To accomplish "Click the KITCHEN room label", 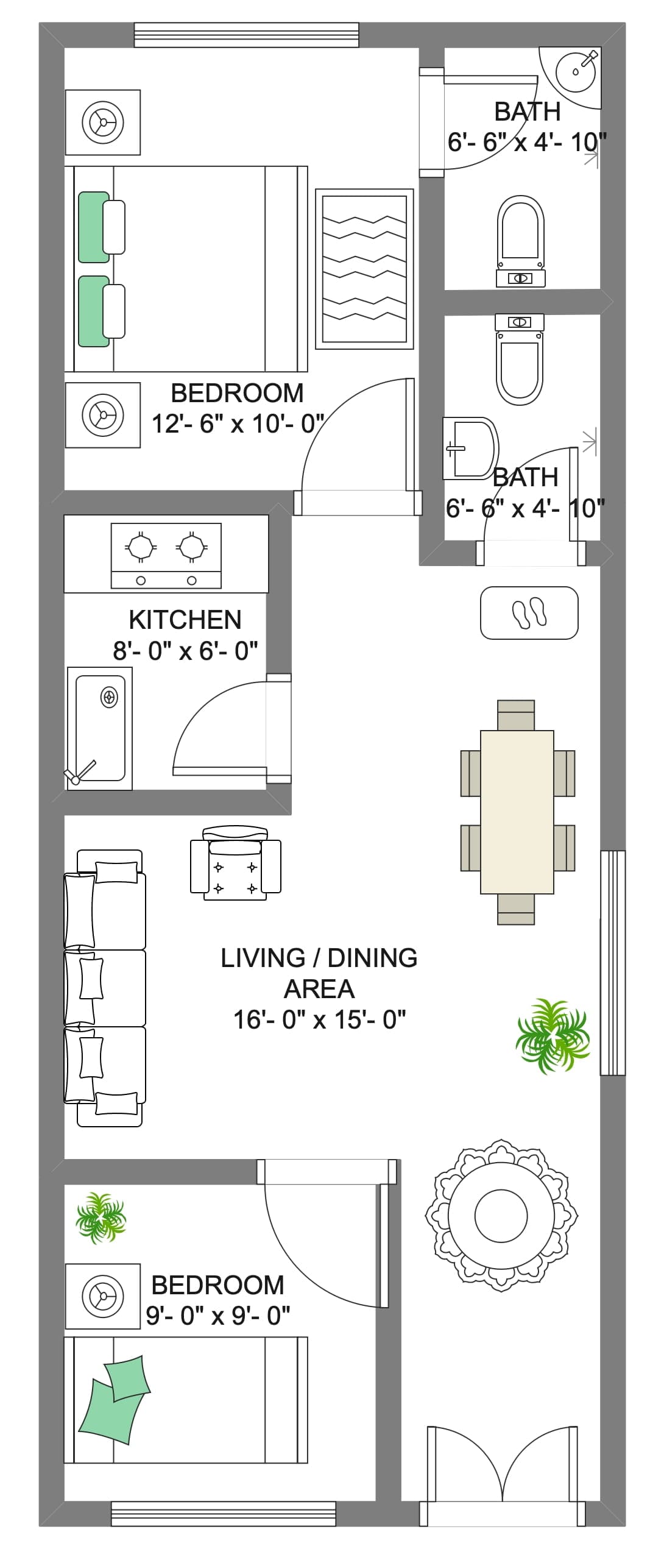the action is [185, 620].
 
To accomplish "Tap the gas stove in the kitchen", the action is [166, 555].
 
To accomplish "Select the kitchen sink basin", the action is [99, 728].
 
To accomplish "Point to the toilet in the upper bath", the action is [520, 241].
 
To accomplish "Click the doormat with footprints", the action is [529, 613].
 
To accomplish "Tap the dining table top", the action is [517, 812].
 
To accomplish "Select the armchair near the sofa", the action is [236, 863].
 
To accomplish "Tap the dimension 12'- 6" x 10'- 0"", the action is [237, 424].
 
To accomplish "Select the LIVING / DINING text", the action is [319, 958].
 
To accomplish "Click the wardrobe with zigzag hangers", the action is [364, 269].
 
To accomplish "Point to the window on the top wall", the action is [246, 35].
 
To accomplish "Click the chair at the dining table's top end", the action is [517, 715].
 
